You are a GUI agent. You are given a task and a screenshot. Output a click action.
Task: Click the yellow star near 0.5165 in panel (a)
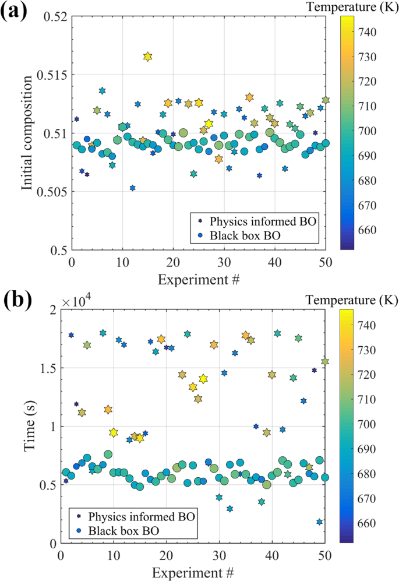[147, 57]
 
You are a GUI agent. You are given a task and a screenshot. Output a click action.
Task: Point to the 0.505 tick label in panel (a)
[51, 192]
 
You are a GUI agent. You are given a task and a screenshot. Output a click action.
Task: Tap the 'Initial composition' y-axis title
[27, 133]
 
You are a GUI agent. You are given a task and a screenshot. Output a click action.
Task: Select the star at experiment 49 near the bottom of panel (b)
[319, 522]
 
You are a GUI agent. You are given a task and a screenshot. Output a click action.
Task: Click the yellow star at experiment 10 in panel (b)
[114, 432]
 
